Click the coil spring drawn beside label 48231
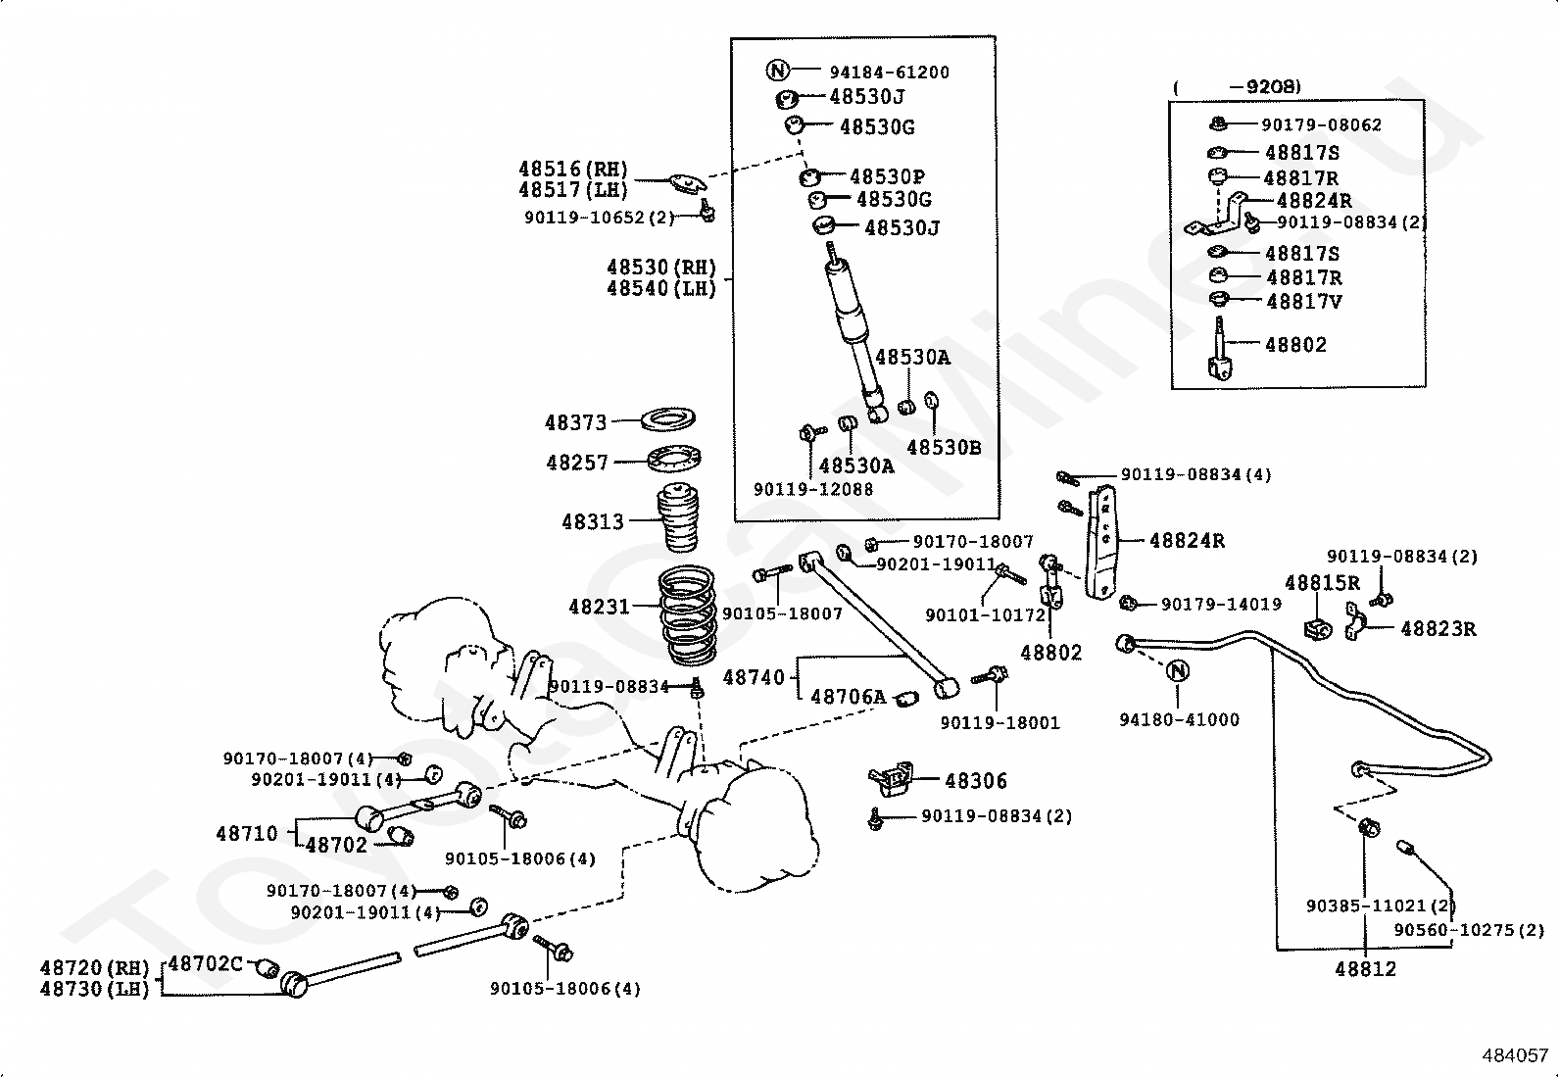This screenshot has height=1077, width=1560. point(687,615)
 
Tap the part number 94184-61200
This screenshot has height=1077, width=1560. point(890,73)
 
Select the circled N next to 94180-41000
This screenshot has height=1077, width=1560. point(1178,671)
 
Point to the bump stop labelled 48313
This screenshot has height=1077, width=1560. point(678,516)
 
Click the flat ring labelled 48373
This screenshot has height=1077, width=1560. point(666,419)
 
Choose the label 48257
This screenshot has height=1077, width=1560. point(577,463)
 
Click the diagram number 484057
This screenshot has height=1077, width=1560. point(1515,1055)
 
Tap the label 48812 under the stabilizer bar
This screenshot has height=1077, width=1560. point(1366,969)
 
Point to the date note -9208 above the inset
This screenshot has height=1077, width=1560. point(1265,86)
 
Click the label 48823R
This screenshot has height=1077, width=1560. point(1438,629)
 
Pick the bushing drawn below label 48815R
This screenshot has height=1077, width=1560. point(1318,627)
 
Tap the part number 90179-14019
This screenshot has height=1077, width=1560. point(1222,605)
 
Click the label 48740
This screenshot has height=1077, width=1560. point(754,677)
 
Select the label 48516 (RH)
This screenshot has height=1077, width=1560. point(573,169)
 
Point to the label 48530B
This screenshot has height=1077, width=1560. point(945,447)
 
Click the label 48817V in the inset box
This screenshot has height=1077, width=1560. point(1304,302)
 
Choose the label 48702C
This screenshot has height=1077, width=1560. point(206,963)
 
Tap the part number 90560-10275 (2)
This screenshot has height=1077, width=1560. point(1470,930)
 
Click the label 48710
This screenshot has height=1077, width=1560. point(247,833)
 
